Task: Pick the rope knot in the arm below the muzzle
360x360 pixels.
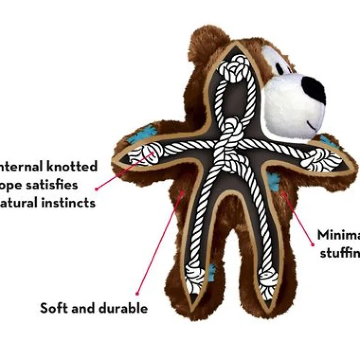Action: (x=322, y=160)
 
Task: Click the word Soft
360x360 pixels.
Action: (x=54, y=308)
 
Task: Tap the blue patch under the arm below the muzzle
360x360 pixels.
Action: (x=272, y=180)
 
